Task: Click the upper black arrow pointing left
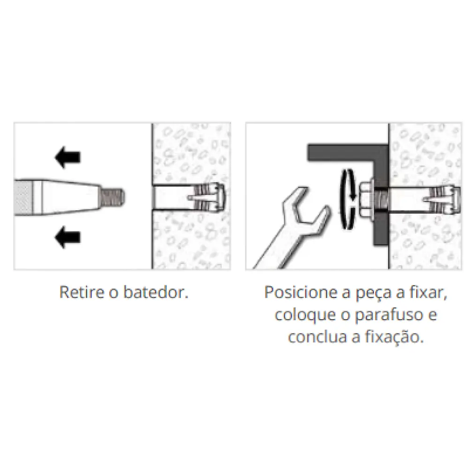tap(68, 157)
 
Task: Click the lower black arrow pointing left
tap(68, 237)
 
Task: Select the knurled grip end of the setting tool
tap(23, 197)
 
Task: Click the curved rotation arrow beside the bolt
tap(348, 199)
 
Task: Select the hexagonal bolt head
tap(366, 198)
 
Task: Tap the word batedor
tap(156, 292)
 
